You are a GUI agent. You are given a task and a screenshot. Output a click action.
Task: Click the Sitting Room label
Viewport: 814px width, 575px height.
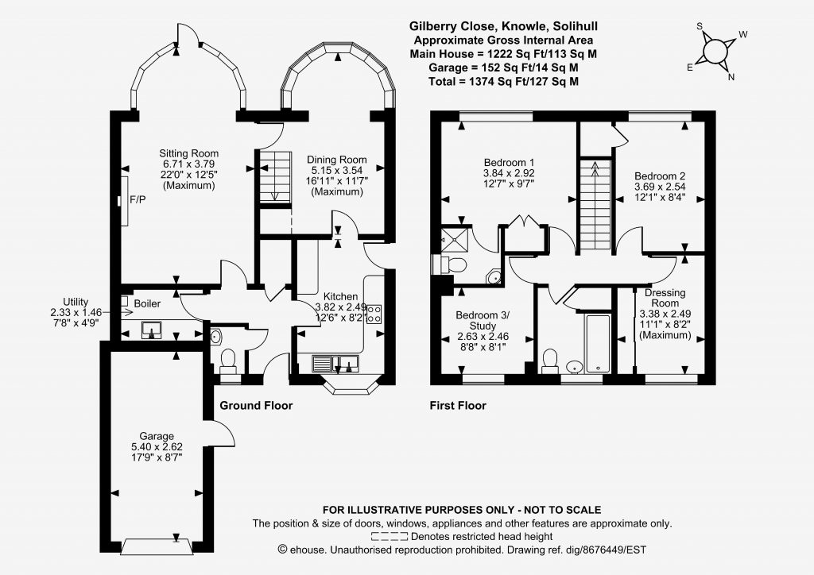pos(188,153)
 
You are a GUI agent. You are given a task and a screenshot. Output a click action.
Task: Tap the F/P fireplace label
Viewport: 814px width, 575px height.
pos(138,199)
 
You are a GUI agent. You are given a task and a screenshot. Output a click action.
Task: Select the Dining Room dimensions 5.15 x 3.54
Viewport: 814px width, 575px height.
pos(336,170)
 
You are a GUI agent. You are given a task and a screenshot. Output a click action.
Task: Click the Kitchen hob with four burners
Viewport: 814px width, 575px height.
pos(374,315)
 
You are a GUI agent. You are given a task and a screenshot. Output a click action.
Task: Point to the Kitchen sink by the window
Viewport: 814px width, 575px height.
pos(335,364)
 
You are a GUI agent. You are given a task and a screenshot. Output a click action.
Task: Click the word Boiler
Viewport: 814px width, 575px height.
pos(147,304)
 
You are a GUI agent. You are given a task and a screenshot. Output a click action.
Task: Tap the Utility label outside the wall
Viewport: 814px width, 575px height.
pos(76,302)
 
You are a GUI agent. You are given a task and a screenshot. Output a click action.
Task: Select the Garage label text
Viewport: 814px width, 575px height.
pos(157,436)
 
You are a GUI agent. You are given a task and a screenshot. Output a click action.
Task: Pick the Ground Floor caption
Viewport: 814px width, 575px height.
pos(256,406)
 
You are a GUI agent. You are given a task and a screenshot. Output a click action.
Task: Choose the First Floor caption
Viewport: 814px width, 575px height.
pos(458,406)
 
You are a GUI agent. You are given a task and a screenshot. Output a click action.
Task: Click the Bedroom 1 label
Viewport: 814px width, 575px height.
pos(509,163)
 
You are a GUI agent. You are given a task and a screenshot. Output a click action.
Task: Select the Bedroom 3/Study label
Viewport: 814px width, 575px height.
pos(483,320)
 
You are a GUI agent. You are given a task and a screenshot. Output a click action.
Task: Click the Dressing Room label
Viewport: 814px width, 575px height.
pos(665,298)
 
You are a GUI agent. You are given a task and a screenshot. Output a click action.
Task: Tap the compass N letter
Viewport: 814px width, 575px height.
pos(731,78)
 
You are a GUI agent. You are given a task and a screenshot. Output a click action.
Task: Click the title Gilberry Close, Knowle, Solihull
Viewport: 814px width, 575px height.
pos(503,26)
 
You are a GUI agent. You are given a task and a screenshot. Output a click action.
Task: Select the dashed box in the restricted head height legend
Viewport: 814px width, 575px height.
pos(390,537)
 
